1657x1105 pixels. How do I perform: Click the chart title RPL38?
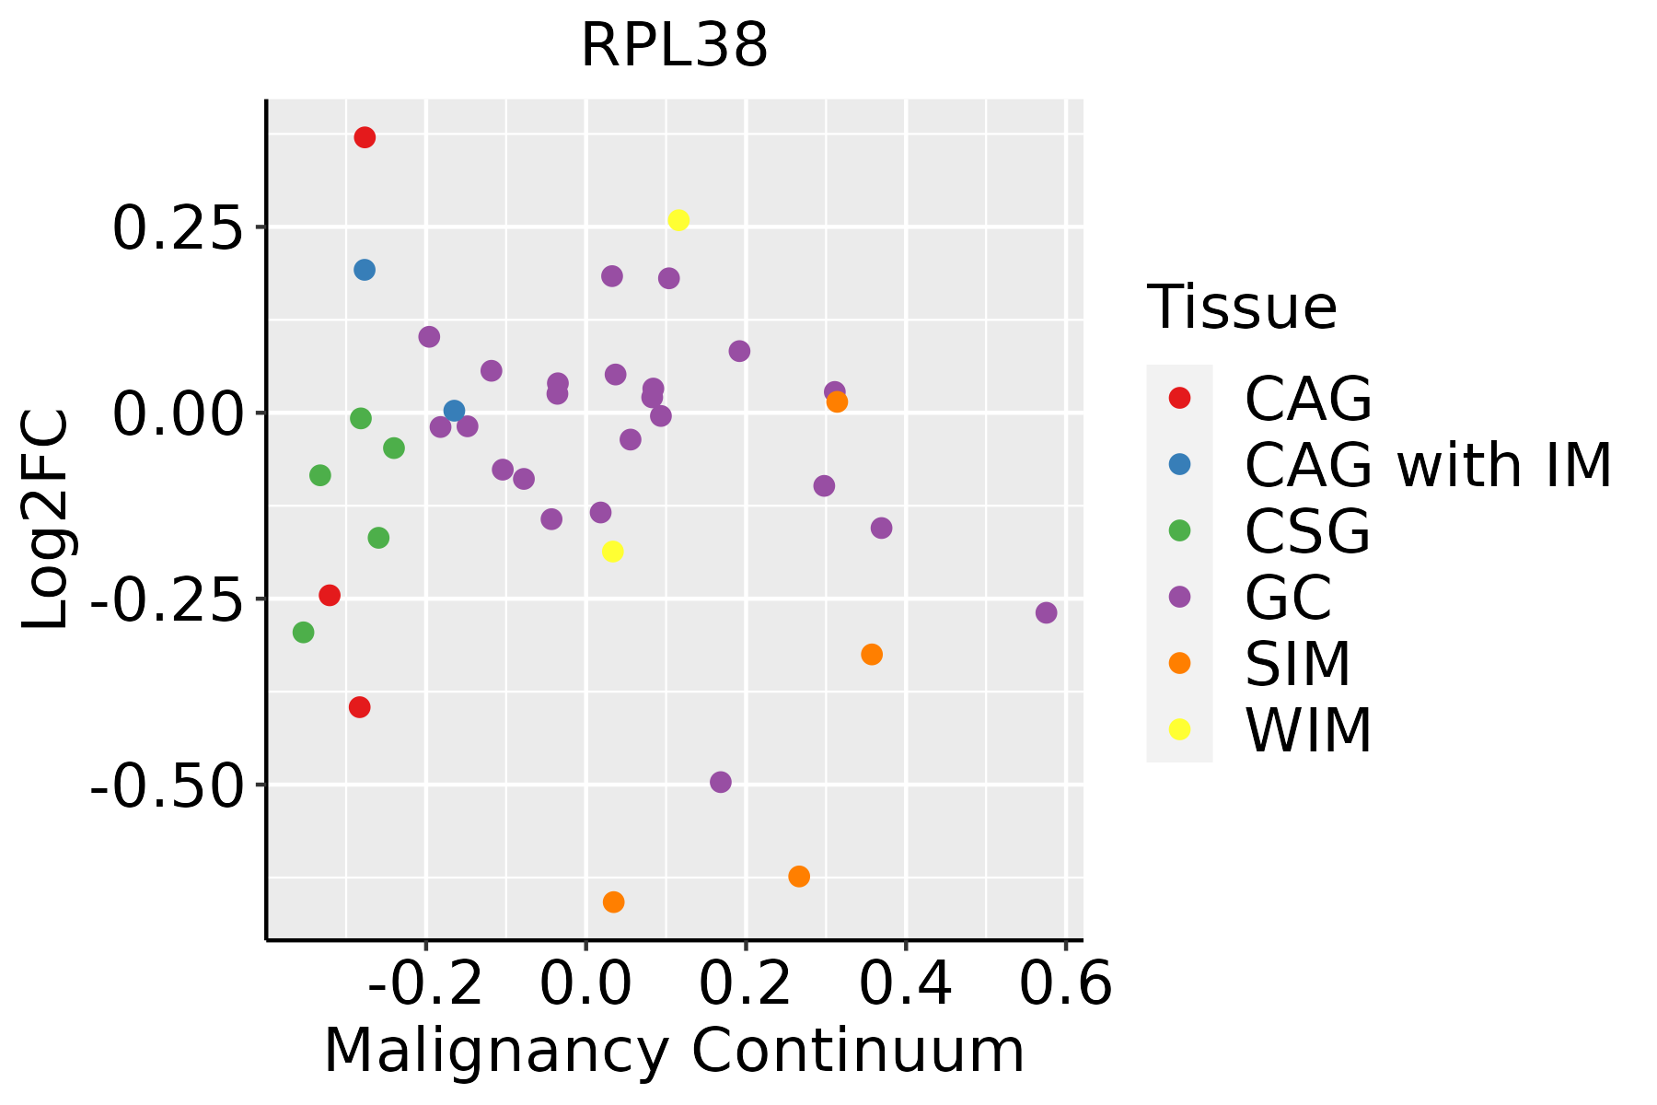674,46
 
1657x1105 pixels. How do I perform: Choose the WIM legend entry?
1307,730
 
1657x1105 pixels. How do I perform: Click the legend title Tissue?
1242,308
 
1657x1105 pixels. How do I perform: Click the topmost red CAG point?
365,137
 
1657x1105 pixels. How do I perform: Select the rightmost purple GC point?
1046,612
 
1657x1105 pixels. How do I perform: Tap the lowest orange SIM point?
613,901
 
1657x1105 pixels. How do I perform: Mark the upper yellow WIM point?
678,220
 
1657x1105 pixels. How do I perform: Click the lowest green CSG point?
303,632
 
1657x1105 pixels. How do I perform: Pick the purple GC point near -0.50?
721,782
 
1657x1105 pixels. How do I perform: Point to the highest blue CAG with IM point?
365,270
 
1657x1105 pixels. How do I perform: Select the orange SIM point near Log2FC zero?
837,401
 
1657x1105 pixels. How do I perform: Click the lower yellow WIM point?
612,551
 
